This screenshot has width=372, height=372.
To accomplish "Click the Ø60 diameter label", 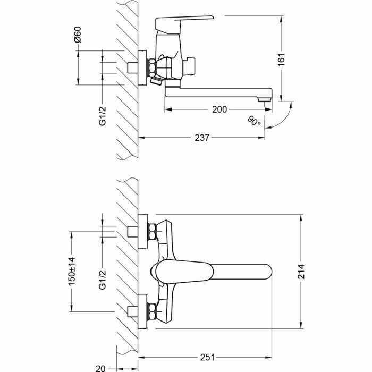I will point(78,36).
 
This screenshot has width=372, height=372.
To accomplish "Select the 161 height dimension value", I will point(282,58).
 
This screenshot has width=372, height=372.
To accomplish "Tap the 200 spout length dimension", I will point(219,109).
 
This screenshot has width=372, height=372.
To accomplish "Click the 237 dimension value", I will point(202,138).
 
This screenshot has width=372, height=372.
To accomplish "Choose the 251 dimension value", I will point(207,358).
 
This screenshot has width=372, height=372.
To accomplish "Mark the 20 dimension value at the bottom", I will point(100,366).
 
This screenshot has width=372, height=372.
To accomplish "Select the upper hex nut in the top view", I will point(152,232).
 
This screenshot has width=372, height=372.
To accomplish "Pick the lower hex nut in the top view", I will point(152,310).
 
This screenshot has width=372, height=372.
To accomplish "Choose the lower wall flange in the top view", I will point(142,310).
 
